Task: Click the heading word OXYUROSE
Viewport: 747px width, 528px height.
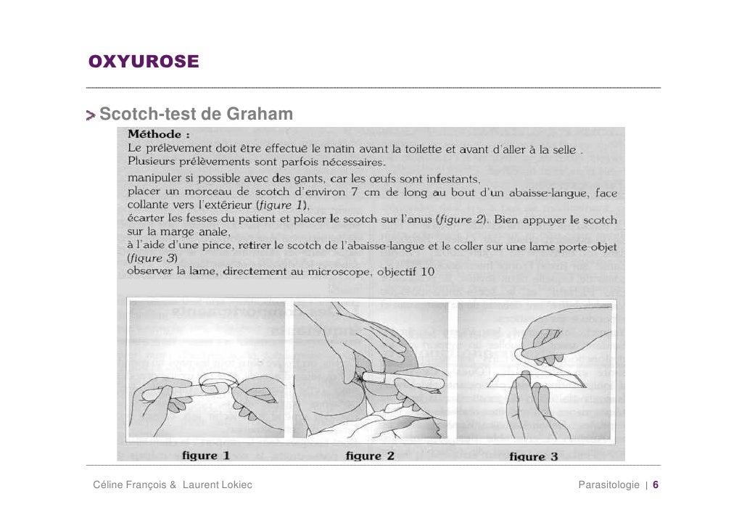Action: (x=143, y=62)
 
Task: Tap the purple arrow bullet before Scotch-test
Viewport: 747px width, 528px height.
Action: (x=91, y=115)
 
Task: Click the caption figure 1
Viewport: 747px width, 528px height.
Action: (x=204, y=455)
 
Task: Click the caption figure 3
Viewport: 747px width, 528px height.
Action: (x=533, y=456)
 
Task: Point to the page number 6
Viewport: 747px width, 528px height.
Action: (x=656, y=484)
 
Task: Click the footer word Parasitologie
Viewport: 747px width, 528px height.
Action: (x=608, y=484)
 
